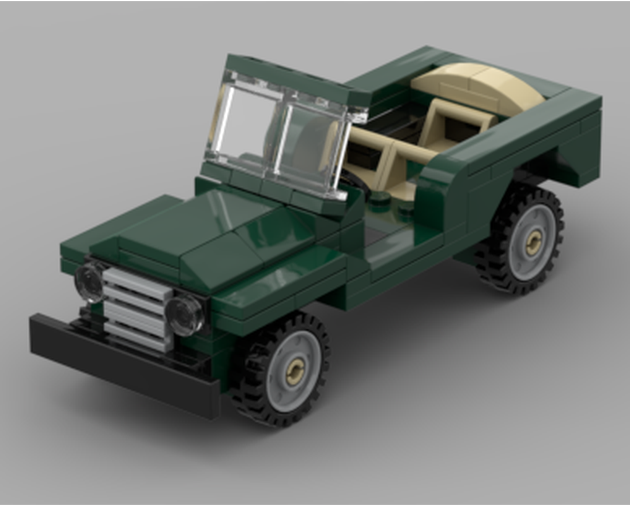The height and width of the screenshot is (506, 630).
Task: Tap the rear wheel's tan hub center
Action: click(533, 242)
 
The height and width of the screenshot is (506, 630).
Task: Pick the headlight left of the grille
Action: click(90, 282)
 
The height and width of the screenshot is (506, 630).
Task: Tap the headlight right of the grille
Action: click(185, 315)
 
